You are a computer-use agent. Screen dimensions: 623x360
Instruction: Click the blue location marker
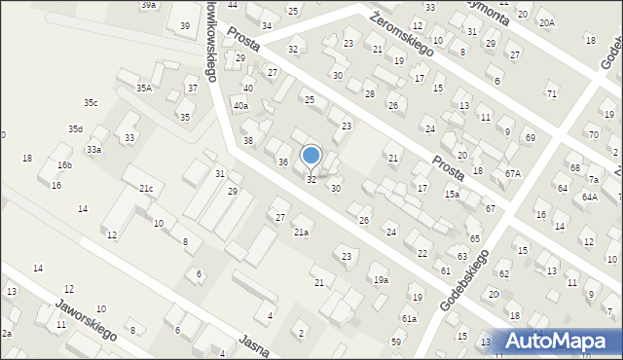point(311,156)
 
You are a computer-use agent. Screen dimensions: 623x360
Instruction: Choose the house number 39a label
point(148,5)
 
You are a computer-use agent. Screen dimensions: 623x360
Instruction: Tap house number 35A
point(143,88)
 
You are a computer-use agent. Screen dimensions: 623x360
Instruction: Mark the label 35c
point(90,102)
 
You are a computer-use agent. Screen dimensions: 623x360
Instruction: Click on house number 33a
point(93,150)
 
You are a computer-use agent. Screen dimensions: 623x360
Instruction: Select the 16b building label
point(63,165)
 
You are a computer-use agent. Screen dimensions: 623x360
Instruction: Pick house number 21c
point(145,188)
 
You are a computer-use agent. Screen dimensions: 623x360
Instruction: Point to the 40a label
point(240,105)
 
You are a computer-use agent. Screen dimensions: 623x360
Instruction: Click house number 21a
point(302,232)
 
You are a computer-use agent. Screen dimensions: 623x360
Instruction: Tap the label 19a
point(380,279)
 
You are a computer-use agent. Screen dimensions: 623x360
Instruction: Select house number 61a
point(409,318)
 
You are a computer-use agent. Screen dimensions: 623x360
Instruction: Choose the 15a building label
point(452,195)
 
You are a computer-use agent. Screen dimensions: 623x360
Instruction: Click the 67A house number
point(512,173)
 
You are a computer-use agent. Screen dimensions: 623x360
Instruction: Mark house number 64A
point(589,197)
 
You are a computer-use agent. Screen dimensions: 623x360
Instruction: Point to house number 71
point(552,93)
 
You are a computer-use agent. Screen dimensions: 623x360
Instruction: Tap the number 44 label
point(232,5)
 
